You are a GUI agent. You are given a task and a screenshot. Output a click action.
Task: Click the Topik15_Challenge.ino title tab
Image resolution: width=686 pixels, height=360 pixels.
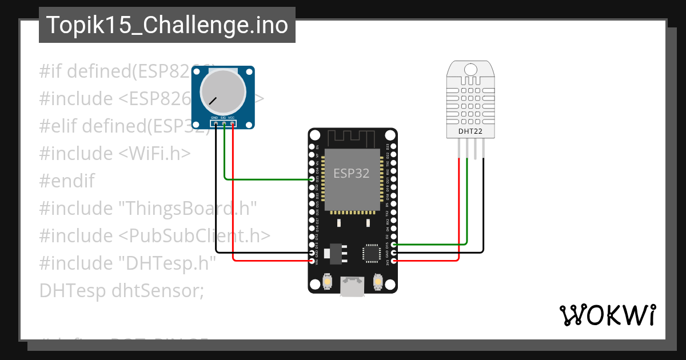pyautogui.click(x=167, y=25)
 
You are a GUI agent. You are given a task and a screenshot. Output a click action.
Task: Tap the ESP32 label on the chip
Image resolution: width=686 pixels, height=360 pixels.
pyautogui.click(x=351, y=173)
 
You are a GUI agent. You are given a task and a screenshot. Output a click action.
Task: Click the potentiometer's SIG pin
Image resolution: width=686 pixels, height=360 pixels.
pyautogui.click(x=224, y=123)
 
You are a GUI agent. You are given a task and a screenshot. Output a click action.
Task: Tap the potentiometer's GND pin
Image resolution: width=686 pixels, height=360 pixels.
pyautogui.click(x=216, y=123)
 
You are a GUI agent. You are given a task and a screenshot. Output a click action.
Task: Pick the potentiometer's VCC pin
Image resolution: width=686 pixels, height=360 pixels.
pyautogui.click(x=232, y=123)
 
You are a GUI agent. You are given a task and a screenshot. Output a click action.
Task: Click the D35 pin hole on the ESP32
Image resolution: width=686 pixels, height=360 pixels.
pyautogui.click(x=312, y=179)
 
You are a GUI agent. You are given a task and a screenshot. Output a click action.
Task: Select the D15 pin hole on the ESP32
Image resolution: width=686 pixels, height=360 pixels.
pyautogui.click(x=393, y=245)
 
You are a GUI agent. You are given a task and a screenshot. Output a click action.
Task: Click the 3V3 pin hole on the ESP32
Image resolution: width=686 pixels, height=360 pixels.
pyautogui.click(x=393, y=261)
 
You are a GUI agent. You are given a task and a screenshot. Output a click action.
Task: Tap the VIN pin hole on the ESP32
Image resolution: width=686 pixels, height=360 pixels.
pyautogui.click(x=312, y=261)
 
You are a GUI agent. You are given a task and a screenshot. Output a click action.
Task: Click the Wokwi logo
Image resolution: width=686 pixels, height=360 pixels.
pyautogui.click(x=607, y=315)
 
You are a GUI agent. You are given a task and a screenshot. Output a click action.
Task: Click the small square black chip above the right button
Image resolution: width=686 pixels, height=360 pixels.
pyautogui.click(x=372, y=253)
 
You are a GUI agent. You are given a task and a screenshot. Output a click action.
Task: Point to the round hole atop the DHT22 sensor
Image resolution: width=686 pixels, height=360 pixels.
pyautogui.click(x=471, y=69)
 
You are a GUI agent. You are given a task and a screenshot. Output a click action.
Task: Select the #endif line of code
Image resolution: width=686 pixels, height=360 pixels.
pyautogui.click(x=67, y=181)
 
